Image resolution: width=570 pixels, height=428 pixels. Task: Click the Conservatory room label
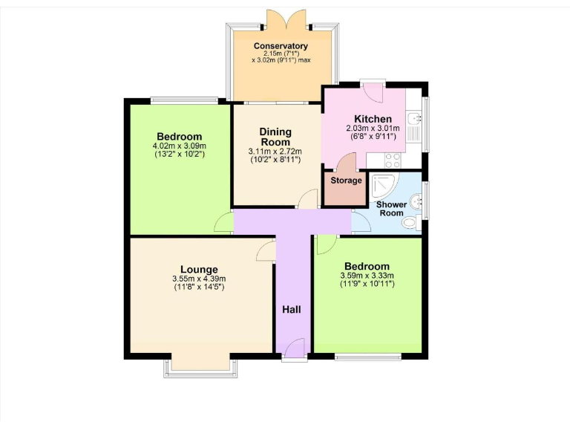[x=281, y=46]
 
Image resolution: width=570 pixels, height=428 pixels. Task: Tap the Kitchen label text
[x=373, y=119]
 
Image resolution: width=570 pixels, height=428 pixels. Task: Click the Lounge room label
[x=199, y=270]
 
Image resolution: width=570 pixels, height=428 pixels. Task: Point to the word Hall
[x=290, y=308]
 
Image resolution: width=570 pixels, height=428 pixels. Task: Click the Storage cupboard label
[x=346, y=181]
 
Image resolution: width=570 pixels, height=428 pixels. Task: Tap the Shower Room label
[x=391, y=208]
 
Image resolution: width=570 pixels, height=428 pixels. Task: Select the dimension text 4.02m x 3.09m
[x=179, y=146]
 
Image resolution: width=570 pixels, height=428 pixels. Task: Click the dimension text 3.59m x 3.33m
[x=367, y=276]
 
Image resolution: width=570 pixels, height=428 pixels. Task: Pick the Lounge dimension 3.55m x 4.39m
[x=199, y=279]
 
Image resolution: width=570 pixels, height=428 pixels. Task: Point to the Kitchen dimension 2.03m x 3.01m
[x=373, y=129]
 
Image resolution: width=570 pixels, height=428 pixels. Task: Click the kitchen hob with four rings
[x=393, y=159]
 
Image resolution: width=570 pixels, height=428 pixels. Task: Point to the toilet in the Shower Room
[x=409, y=222]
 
